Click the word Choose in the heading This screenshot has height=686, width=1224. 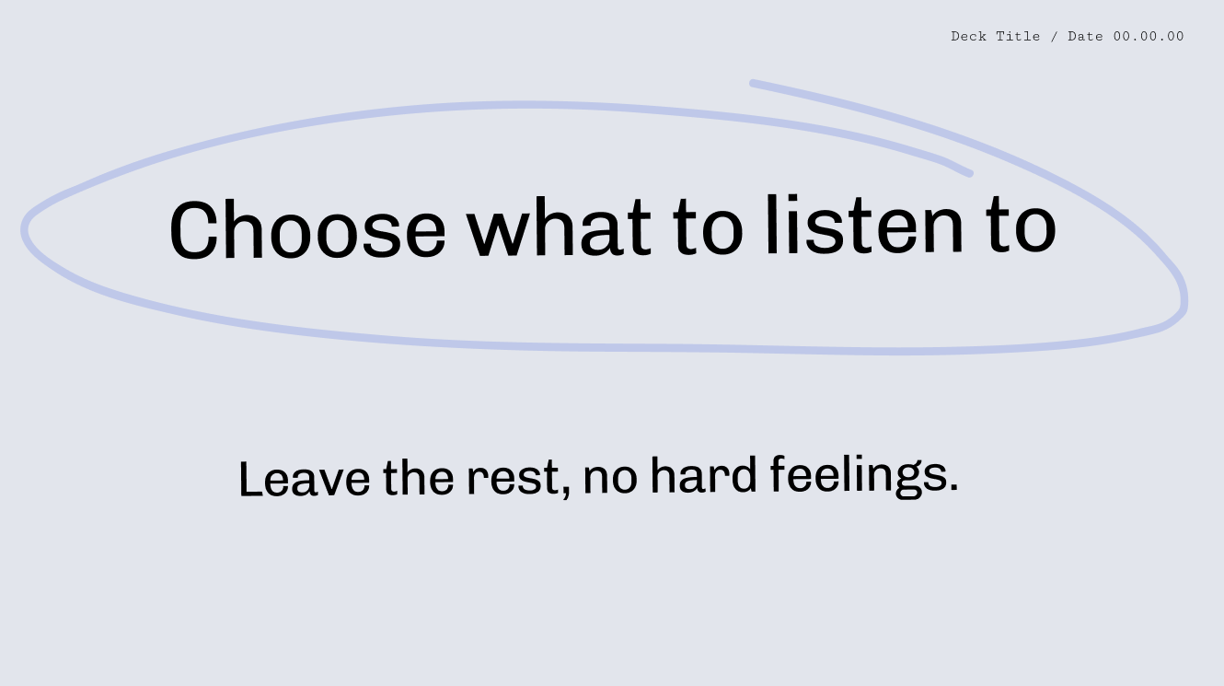tap(307, 229)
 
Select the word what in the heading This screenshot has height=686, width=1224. tap(559, 227)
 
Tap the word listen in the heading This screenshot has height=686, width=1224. tap(865, 225)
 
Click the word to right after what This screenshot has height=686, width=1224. tap(709, 226)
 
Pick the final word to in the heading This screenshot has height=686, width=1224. tap(1022, 224)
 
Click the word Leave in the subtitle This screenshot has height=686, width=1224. tap(305, 479)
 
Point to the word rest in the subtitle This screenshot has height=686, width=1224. tap(514, 477)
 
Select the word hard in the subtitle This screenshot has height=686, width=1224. tap(704, 474)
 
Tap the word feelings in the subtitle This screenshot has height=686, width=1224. tap(858, 476)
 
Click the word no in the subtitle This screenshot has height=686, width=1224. tap(610, 477)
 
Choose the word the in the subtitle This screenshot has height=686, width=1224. tap(418, 477)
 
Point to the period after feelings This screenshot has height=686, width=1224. tap(953, 485)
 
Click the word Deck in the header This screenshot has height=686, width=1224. tap(969, 37)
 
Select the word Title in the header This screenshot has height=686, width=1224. tap(1018, 37)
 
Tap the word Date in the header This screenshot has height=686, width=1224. tap(1086, 37)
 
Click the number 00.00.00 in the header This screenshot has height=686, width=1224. tap(1149, 37)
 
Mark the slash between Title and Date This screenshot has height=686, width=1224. tap(1055, 37)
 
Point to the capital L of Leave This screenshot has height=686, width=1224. tap(251, 479)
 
